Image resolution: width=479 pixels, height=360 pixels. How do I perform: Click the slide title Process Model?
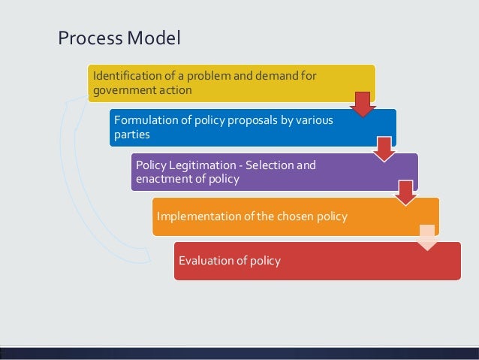pos(119,37)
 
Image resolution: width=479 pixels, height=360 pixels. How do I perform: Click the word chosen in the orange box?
pos(290,216)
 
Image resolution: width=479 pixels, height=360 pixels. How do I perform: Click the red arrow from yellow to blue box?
pos(363,104)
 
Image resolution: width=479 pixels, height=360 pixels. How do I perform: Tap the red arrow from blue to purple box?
pos(384,148)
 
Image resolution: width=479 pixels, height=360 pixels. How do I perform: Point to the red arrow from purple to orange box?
pos(406,192)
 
